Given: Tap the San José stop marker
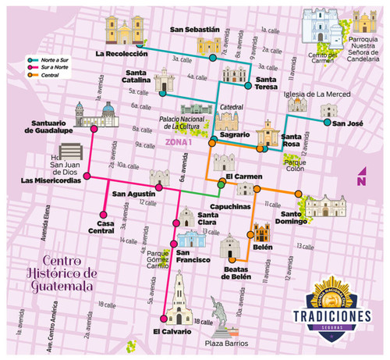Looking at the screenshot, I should (326, 122).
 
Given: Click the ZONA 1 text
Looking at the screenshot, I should (180, 142).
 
